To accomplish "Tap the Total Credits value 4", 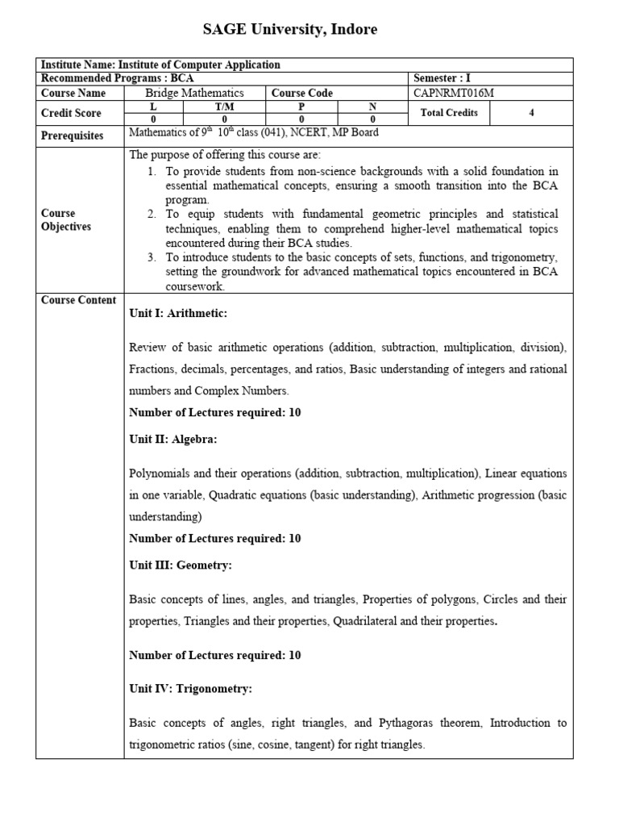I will [x=531, y=112].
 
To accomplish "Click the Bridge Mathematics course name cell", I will [x=194, y=93].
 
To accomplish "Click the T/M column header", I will [x=223, y=106].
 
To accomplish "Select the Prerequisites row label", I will [x=73, y=136].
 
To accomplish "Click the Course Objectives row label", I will [x=66, y=220].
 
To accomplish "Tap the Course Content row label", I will [x=78, y=300].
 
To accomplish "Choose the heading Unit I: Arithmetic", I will [x=178, y=313].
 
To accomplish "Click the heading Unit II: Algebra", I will [x=172, y=439].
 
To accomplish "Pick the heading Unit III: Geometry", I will [x=181, y=565].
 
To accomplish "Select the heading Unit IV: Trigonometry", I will [x=191, y=689].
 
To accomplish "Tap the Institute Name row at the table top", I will [x=161, y=65].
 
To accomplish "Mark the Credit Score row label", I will [x=71, y=113].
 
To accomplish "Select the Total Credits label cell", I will [x=449, y=112].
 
